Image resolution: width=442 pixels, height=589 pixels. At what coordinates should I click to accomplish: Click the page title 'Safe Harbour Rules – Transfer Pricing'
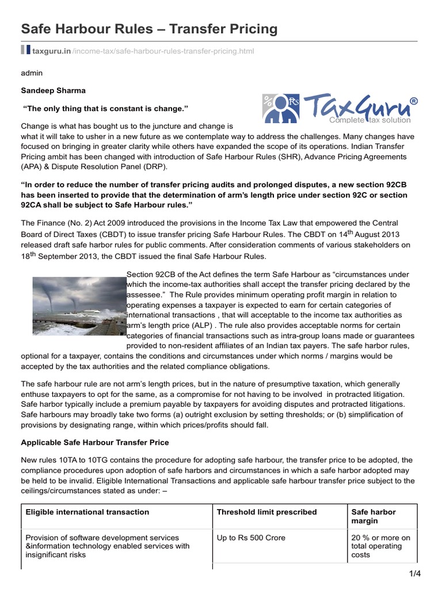(x=149, y=28)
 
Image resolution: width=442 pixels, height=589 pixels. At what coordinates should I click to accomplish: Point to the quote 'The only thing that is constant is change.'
(x=105, y=109)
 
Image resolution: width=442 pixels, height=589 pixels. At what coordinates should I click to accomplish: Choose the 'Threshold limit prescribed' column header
(x=266, y=512)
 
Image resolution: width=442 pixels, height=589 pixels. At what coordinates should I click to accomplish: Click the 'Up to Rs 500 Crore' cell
(x=251, y=538)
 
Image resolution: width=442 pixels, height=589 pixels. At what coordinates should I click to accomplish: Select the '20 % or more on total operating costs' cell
(x=380, y=546)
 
